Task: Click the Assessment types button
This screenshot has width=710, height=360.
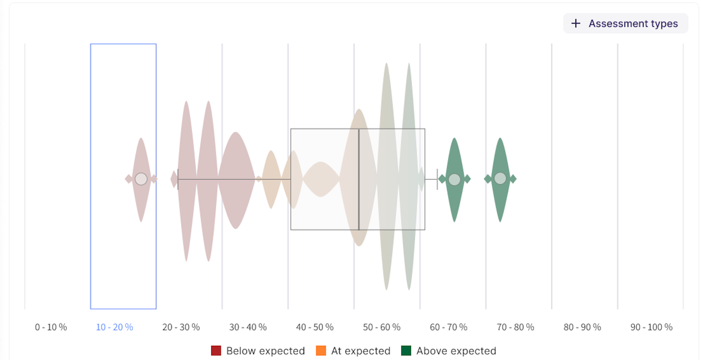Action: (x=625, y=24)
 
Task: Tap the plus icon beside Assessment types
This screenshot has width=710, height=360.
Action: (x=576, y=24)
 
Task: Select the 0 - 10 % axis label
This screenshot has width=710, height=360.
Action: (x=51, y=327)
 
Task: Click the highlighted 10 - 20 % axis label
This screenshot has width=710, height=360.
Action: (x=114, y=327)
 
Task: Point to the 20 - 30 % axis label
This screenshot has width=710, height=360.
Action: (x=181, y=327)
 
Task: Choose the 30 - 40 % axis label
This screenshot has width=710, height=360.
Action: (x=248, y=327)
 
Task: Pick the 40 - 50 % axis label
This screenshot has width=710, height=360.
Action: (x=315, y=327)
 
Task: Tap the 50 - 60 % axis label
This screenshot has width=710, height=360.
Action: (x=381, y=327)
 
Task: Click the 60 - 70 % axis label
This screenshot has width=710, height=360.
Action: (x=448, y=327)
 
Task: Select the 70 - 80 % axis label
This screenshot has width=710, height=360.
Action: (x=515, y=327)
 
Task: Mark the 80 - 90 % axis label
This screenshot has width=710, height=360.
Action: (x=582, y=327)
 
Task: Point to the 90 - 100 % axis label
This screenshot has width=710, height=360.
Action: (x=651, y=327)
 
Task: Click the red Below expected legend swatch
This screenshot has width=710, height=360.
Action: (x=216, y=351)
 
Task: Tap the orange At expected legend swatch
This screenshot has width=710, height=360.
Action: (x=321, y=351)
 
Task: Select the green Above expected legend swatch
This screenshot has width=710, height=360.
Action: (x=406, y=351)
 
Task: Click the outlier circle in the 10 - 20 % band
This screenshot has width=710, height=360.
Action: (x=141, y=179)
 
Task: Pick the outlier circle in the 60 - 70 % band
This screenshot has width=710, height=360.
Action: (x=454, y=180)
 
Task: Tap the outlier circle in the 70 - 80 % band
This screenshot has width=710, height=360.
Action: (x=500, y=179)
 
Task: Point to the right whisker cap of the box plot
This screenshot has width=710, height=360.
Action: (x=437, y=179)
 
